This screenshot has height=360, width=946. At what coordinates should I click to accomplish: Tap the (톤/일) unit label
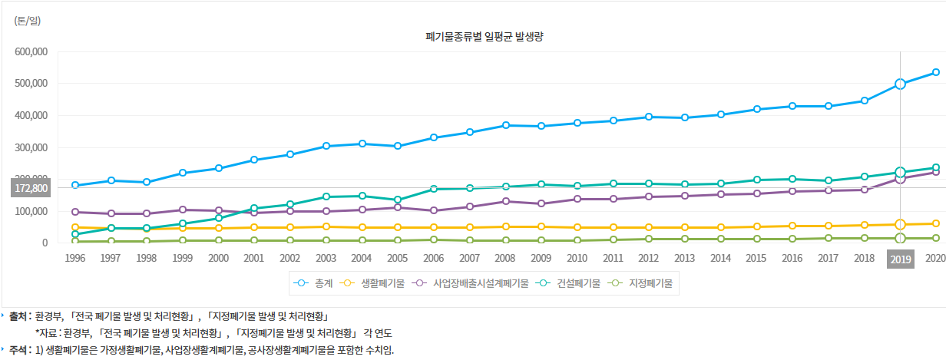27,21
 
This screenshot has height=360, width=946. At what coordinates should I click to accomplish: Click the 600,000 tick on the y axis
31,51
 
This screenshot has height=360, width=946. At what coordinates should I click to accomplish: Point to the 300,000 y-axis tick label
31,147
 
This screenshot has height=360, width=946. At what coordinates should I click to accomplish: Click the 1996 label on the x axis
74,259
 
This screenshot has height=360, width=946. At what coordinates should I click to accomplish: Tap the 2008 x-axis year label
504,259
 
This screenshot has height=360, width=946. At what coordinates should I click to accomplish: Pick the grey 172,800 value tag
31,188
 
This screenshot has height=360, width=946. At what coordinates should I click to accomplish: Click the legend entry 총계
313,283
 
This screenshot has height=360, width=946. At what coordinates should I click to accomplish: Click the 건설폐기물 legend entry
570,283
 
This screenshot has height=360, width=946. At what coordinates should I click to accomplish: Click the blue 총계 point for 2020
936,72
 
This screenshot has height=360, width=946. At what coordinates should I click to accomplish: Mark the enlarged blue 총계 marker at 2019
900,84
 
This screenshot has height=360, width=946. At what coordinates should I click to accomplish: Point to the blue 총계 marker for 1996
75,185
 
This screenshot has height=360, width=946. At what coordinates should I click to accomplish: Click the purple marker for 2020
936,172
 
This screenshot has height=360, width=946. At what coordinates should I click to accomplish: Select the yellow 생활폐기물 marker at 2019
900,224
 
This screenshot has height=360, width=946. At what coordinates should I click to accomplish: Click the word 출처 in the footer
19,315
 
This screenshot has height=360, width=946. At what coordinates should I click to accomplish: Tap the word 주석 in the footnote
19,350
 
